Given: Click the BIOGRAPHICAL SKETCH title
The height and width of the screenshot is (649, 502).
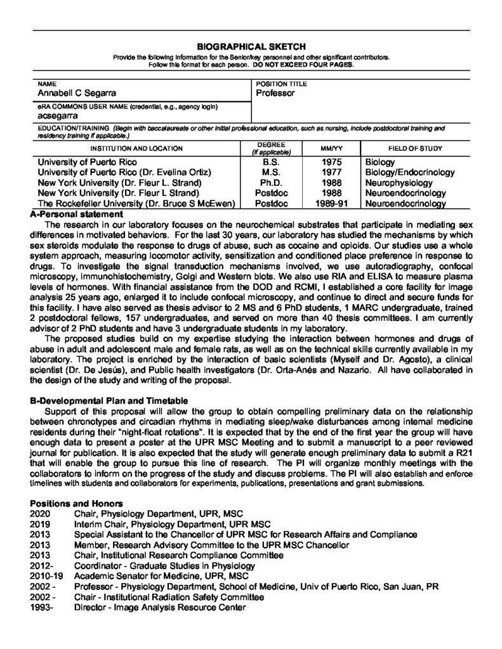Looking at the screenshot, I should coord(251,46).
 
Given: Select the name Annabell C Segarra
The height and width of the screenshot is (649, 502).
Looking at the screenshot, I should coord(77,93).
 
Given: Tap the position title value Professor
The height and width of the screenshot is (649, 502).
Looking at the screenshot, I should coord(275,93).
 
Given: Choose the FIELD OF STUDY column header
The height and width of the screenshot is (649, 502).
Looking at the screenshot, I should coord(415,148).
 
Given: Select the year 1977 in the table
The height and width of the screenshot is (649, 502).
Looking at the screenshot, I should coord(332,172).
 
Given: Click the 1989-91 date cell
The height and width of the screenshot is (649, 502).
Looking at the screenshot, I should coord(332,203).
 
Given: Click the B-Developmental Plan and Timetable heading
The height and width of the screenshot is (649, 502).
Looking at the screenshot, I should coord(109,401).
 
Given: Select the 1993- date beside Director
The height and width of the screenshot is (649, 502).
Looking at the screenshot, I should coord(42,607).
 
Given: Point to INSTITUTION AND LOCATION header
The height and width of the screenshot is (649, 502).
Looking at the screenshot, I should coord(136,148).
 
